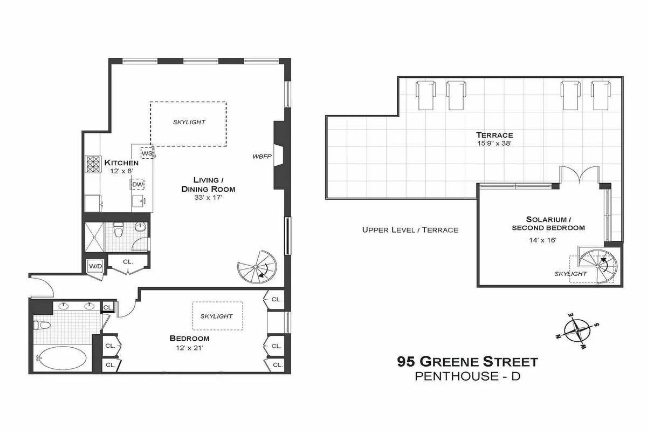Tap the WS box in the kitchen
147,153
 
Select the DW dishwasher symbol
137,185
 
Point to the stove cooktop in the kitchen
93,164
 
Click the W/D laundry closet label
94,266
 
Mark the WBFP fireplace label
261,157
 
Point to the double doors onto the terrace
579,175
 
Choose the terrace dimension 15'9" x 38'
494,144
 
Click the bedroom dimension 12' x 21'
189,348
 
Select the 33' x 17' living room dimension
208,198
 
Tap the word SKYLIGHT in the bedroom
216,316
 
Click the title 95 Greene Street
467,361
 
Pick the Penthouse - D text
467,376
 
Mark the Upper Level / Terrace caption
410,230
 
